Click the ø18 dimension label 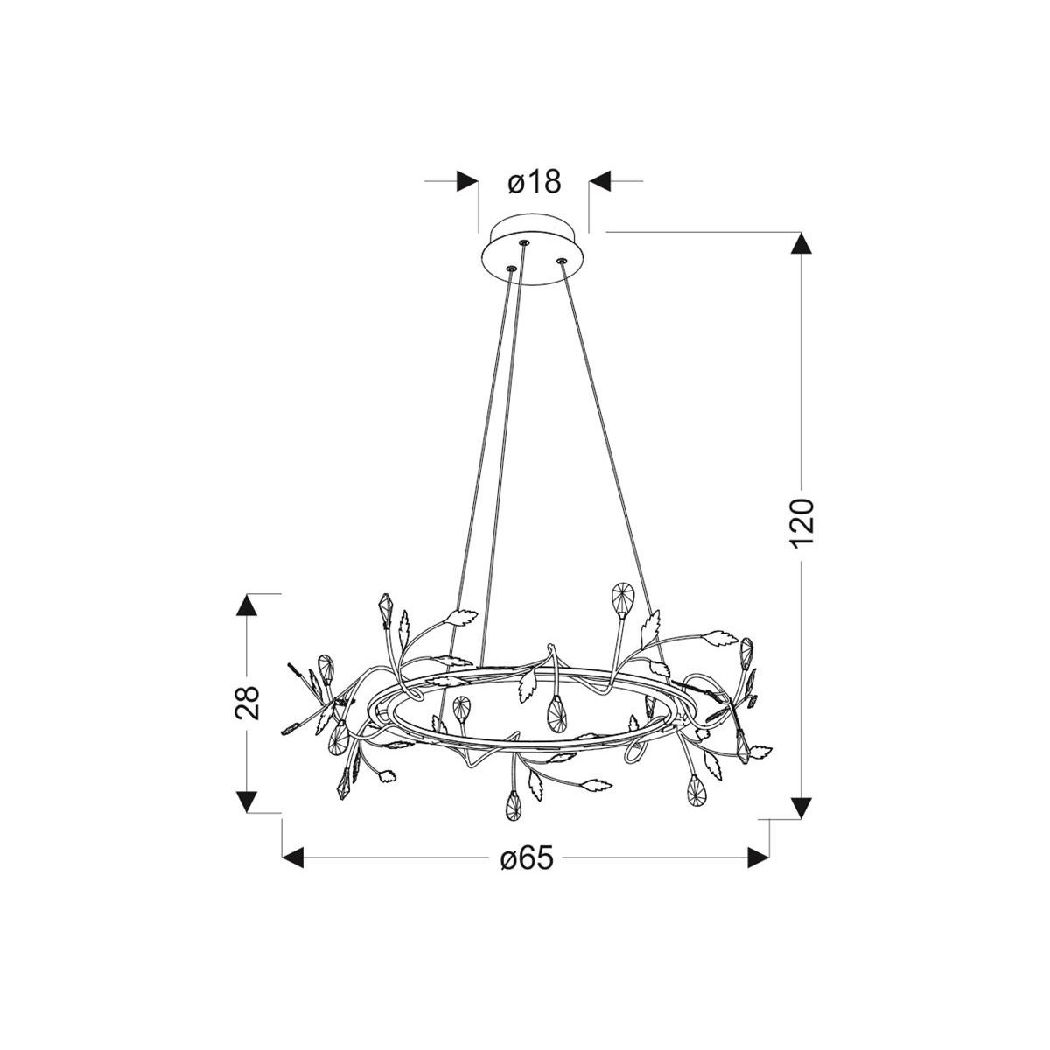533,182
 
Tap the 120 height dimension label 801,523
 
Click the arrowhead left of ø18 468,182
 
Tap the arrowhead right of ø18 600,182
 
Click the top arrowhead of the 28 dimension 248,605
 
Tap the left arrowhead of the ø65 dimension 292,858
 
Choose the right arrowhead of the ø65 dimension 758,858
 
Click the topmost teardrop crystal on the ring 622,598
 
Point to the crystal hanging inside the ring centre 555,712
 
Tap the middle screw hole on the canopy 524,242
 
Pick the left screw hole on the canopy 512,269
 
